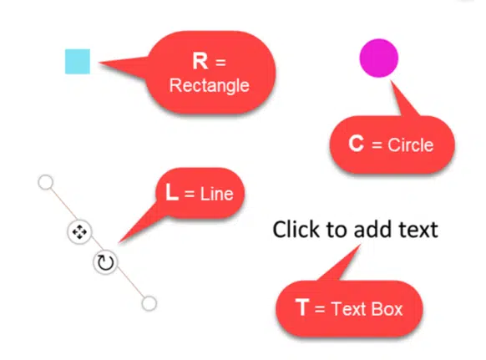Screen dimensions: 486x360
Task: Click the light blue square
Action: click(x=78, y=62)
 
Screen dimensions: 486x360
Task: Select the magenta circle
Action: click(x=379, y=58)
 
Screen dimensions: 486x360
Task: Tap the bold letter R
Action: click(x=200, y=61)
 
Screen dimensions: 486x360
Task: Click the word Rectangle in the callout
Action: click(x=210, y=85)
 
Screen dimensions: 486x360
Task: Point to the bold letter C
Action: click(x=356, y=144)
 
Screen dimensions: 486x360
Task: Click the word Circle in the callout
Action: click(x=410, y=145)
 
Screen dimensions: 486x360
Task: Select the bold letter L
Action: click(x=172, y=192)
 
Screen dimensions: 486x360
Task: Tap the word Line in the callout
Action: click(x=216, y=194)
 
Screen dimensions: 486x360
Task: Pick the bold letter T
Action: click(x=302, y=307)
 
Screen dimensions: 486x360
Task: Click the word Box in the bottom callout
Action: click(x=387, y=309)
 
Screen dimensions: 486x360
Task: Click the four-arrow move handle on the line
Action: click(x=79, y=232)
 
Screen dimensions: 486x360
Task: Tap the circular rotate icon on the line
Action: click(x=105, y=262)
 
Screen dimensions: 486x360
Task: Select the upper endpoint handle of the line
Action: click(x=46, y=182)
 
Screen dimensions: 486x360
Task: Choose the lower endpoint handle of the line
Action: click(x=149, y=303)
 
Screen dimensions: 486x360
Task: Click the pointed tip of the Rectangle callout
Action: click(x=99, y=63)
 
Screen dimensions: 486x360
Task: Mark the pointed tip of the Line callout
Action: click(x=119, y=242)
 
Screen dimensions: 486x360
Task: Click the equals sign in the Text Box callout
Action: click(x=320, y=309)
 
